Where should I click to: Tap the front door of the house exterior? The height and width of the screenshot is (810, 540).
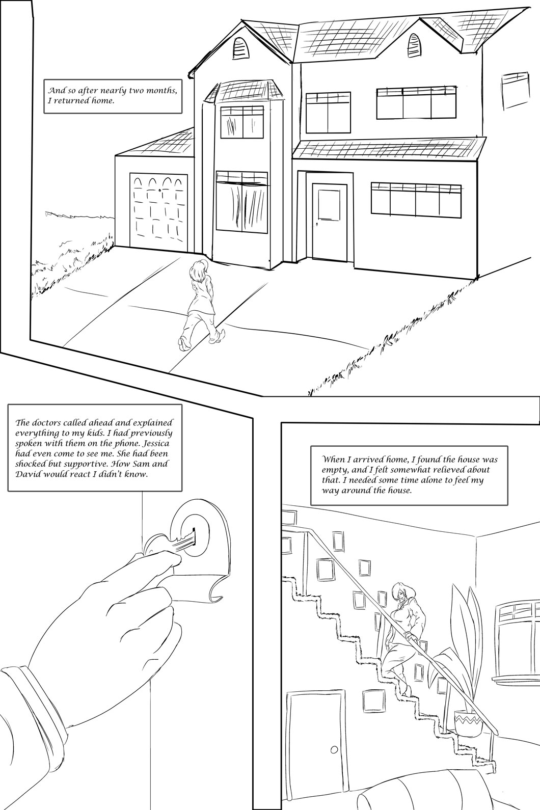pos(329,222)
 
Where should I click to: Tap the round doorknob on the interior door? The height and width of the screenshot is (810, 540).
pos(334,750)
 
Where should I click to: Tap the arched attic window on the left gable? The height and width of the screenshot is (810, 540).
pos(239,48)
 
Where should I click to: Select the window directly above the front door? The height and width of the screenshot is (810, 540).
pos(328,108)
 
